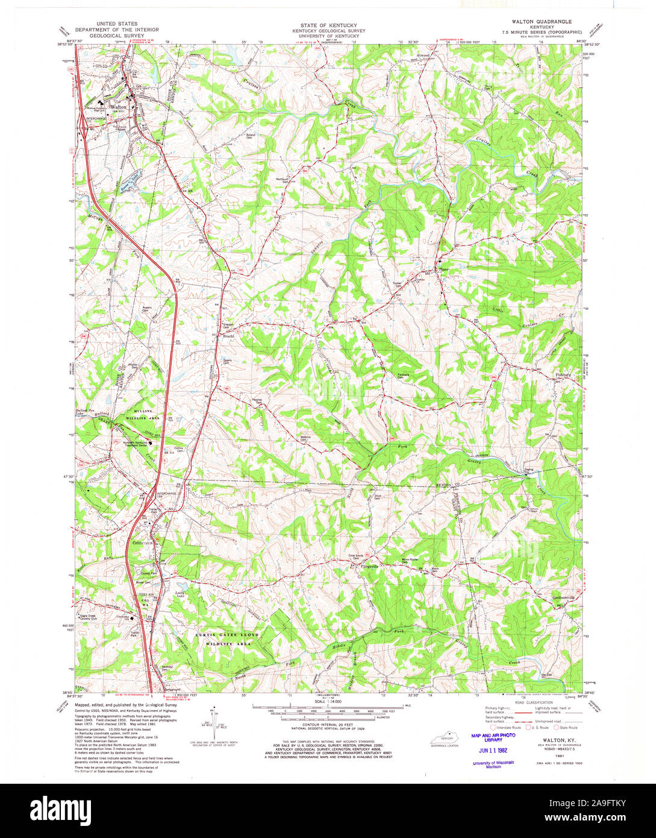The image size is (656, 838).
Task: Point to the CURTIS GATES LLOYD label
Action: [227, 635]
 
